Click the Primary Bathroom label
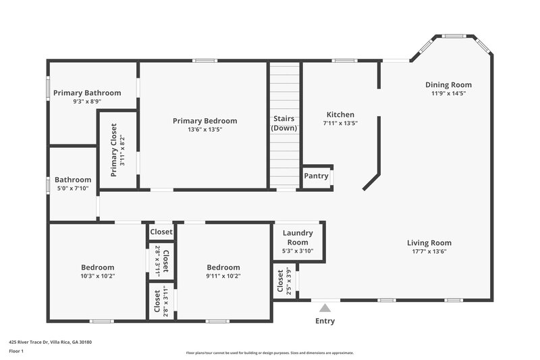(x=87, y=93)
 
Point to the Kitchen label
(x=340, y=115)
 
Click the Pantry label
(x=316, y=176)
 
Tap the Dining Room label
(x=448, y=84)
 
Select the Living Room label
(x=429, y=243)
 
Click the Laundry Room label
(x=298, y=238)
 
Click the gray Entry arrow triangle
(x=325, y=308)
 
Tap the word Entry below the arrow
(x=325, y=321)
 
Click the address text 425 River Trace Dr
(x=50, y=342)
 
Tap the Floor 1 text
(x=16, y=352)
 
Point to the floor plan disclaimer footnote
(x=269, y=353)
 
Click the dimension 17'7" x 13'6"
(x=429, y=251)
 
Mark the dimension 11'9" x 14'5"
(x=448, y=93)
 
